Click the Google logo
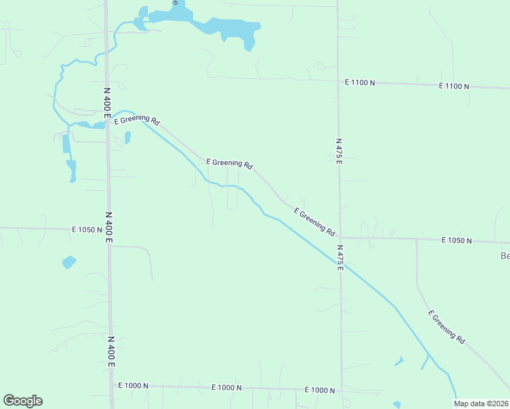(x=22, y=401)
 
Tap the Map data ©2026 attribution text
(x=481, y=404)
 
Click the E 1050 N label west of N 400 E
(x=87, y=230)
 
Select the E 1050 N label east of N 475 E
(x=457, y=240)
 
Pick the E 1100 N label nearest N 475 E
(x=359, y=82)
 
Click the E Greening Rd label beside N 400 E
(x=137, y=121)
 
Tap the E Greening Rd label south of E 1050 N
(x=447, y=327)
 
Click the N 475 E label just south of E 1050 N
(x=340, y=258)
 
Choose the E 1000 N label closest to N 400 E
(x=133, y=386)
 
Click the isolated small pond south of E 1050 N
(x=69, y=262)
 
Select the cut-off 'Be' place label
(x=505, y=256)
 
